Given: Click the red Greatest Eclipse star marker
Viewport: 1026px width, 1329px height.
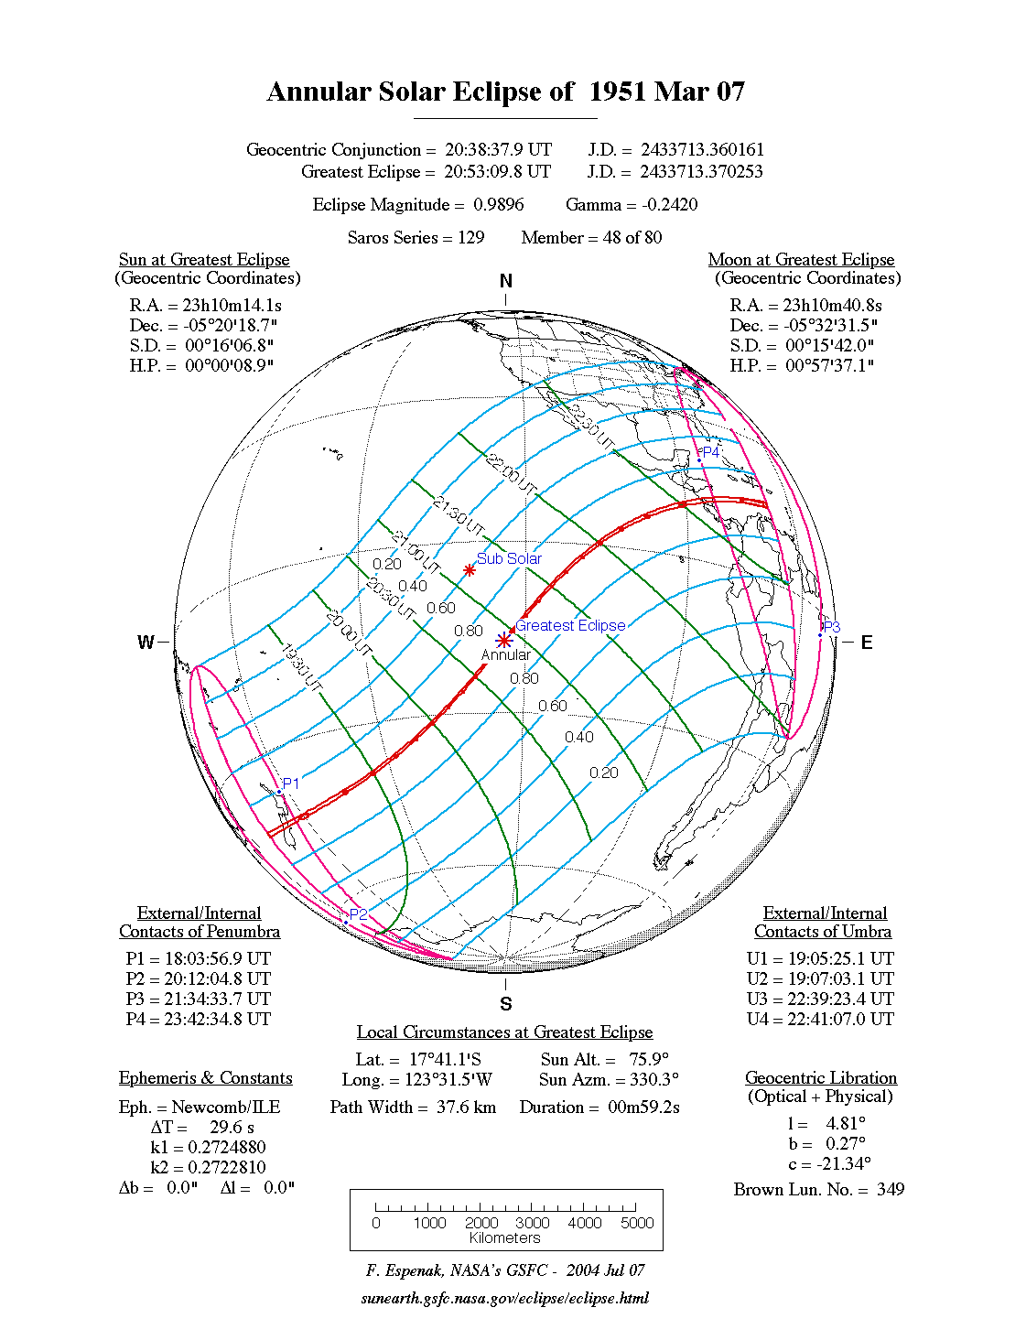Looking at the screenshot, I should pos(503,641).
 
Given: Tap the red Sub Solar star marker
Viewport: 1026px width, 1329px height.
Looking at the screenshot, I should pos(470,570).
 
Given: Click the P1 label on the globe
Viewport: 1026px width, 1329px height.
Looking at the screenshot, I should pos(291,783).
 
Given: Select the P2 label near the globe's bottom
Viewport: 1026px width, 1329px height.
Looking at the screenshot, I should pos(358,914).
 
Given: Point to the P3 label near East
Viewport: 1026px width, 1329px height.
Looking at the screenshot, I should pos(831,627).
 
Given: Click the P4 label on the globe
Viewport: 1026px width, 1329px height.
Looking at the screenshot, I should pos(710,452).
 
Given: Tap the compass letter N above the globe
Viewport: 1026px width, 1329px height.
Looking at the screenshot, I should pos(506,281).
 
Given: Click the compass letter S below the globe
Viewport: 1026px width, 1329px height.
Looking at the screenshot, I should pos(506,1004).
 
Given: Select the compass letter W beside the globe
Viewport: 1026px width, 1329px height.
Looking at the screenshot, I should pos(146,643).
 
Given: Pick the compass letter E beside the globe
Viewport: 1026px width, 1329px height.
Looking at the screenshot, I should pos(866,643).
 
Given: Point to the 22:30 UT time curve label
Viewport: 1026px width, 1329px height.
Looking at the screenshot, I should pos(593,425).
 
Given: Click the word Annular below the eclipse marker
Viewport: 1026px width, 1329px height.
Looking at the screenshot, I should pos(505,655).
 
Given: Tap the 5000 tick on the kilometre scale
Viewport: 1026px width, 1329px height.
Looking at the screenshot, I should pos(637,1223).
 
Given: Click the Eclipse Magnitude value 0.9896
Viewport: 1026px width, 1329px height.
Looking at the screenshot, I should pos(499,204).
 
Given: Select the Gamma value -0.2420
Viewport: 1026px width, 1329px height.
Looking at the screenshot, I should pos(670,204).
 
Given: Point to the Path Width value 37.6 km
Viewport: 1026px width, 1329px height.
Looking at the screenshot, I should pos(466,1107).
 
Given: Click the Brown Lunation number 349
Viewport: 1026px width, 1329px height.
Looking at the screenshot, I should pos(890,1189).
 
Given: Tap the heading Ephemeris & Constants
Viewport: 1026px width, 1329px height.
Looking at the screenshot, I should pos(206,1077).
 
